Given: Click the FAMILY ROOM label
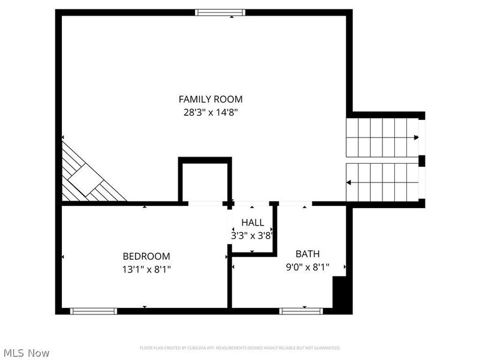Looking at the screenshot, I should click(x=211, y=99).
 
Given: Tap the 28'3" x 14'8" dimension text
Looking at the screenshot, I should click(x=211, y=112).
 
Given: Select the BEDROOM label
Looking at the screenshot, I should click(x=146, y=256).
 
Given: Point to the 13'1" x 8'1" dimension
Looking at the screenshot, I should click(x=146, y=269).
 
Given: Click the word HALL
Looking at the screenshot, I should click(x=253, y=223).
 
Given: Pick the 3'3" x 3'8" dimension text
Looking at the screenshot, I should click(x=253, y=235).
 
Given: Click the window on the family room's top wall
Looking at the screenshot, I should click(x=220, y=12).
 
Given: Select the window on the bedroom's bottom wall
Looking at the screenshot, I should click(x=94, y=311).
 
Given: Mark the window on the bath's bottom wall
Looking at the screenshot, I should click(x=301, y=311).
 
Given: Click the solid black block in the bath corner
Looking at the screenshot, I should click(x=341, y=294).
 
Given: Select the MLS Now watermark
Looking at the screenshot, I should click(x=26, y=353).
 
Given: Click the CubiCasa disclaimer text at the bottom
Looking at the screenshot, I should click(x=240, y=348).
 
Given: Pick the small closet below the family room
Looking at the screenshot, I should click(x=205, y=181).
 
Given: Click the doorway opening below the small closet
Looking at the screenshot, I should click(x=206, y=204).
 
